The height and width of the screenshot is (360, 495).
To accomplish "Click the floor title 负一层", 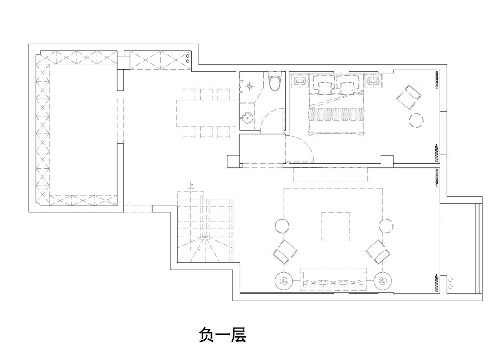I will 222,335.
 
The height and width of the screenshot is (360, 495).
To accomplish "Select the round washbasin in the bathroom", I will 247,119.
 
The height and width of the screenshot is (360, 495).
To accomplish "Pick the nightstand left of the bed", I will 299,81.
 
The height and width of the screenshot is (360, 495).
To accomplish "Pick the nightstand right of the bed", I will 373,81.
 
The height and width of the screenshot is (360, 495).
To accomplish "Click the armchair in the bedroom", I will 408,97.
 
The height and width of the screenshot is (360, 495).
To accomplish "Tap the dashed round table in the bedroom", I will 416,120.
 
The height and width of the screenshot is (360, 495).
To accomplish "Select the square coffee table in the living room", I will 335,226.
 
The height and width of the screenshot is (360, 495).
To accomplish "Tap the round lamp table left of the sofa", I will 283,281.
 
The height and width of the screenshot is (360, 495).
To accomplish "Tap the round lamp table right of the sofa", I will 383,281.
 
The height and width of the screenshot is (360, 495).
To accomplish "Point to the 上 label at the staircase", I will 191,184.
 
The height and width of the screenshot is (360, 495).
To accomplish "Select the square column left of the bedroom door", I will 233,162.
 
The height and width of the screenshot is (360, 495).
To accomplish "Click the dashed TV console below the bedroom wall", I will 330,174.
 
